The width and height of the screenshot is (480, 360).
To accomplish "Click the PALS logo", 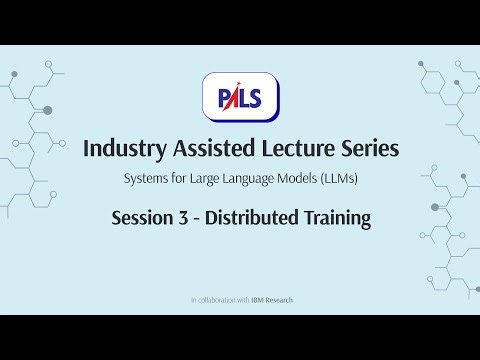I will tap(240, 97).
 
